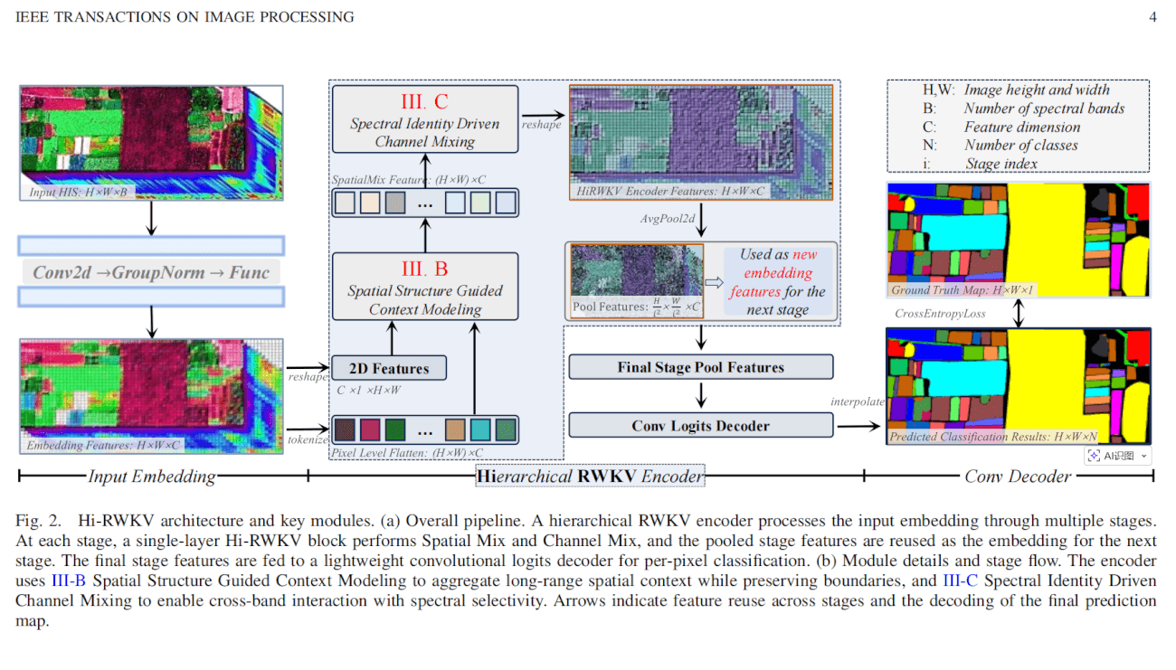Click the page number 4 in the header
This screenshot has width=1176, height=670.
(1152, 17)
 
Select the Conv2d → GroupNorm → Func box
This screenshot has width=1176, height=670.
(151, 272)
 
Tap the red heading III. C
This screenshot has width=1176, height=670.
(424, 101)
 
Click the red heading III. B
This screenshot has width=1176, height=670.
(424, 269)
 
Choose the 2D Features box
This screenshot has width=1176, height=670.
(389, 368)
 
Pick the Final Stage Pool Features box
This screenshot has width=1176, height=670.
(700, 367)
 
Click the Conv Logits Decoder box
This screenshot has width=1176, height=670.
(700, 425)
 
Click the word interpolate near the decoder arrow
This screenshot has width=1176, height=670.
(858, 401)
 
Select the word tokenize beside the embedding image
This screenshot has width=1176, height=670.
(308, 439)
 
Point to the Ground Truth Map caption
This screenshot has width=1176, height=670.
(963, 290)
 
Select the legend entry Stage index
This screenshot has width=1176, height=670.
(1001, 164)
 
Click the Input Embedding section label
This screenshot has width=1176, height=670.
(151, 477)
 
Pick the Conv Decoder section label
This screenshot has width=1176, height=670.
(1018, 477)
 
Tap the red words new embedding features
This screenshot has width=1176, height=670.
(778, 273)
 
